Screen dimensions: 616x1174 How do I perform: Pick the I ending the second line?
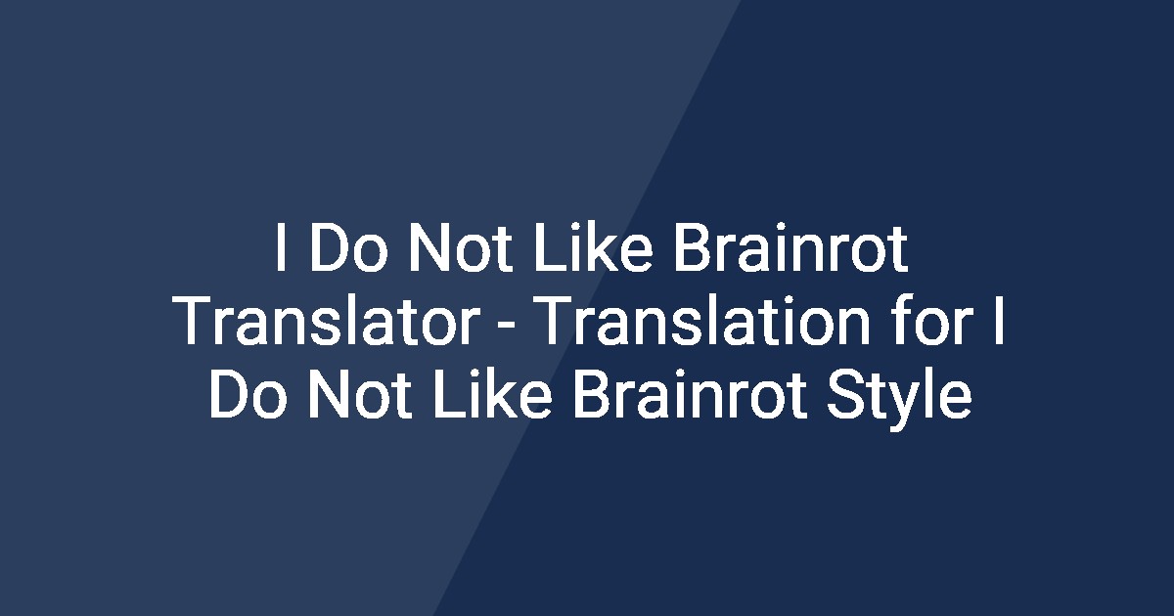click(x=994, y=325)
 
